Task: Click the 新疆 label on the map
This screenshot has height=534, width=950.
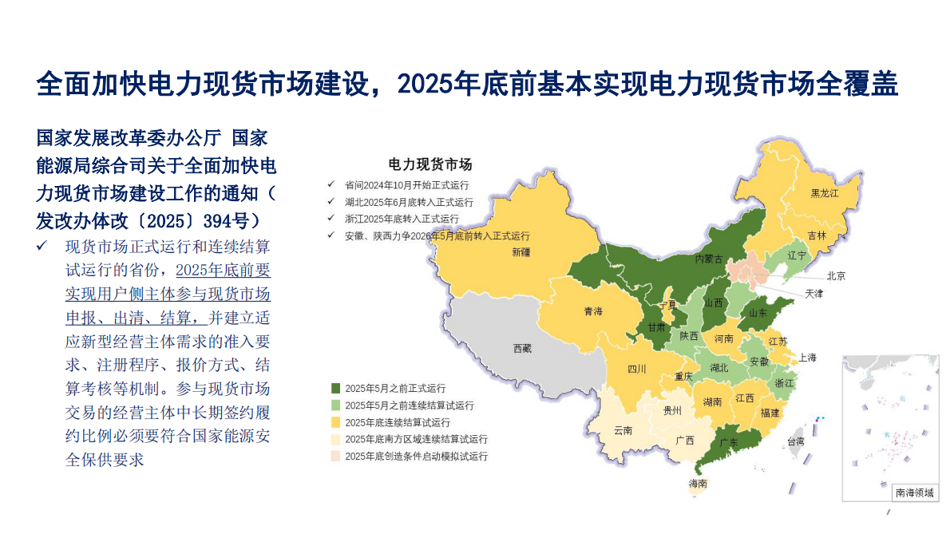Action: click(521, 253)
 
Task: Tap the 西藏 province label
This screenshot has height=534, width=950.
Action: click(522, 349)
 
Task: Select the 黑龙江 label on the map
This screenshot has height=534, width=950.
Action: click(825, 193)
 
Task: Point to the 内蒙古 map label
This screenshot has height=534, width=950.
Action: click(709, 259)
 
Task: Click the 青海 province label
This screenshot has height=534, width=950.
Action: click(593, 312)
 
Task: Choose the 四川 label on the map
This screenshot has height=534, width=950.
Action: click(636, 369)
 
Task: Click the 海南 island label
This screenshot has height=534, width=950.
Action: click(698, 484)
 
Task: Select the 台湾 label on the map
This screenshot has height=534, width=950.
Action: click(796, 441)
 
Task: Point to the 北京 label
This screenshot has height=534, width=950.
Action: click(836, 276)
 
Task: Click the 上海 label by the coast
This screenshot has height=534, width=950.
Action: click(807, 358)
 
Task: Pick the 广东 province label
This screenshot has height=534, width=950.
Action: click(729, 441)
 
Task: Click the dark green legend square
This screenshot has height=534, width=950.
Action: click(336, 388)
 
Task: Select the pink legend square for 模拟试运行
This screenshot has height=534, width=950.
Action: click(336, 456)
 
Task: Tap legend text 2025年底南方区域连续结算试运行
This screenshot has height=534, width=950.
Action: click(416, 439)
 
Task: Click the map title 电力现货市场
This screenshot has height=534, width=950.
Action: click(430, 164)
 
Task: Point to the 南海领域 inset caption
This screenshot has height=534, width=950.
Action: click(914, 492)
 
